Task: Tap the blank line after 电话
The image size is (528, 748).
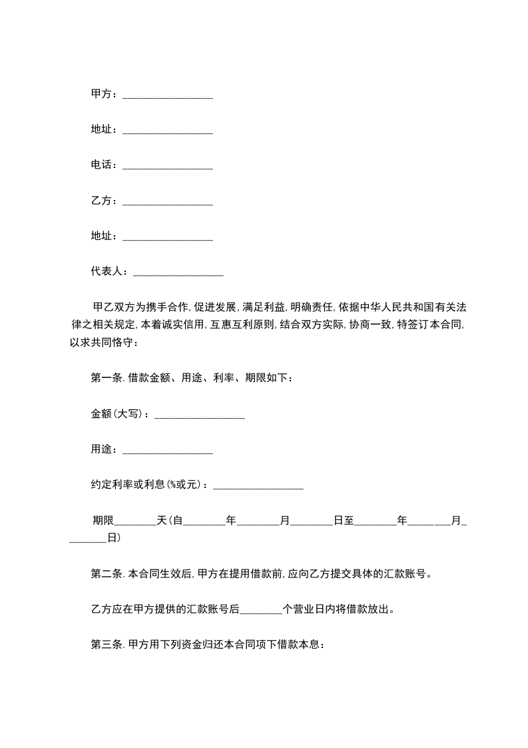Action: point(168,165)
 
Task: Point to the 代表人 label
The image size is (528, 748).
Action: point(106,271)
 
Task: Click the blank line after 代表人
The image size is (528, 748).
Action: point(178,272)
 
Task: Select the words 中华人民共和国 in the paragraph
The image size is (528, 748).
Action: point(387,307)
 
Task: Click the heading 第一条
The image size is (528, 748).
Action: point(105,378)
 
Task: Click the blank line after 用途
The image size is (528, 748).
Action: point(168,450)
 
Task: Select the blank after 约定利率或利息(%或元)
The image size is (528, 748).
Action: point(258,485)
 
